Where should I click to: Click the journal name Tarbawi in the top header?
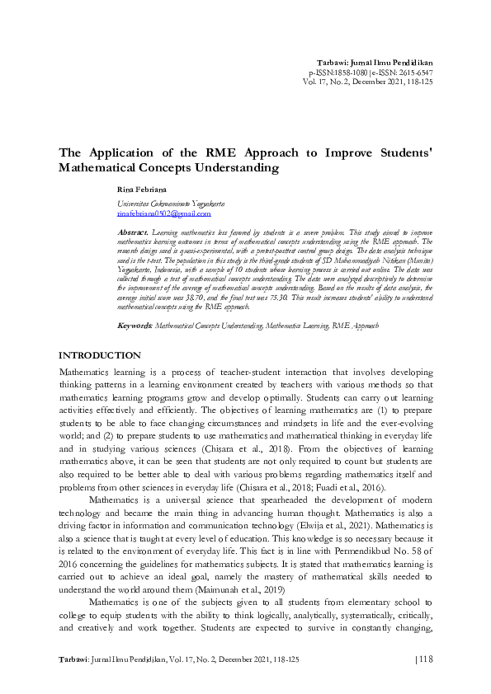(335, 63)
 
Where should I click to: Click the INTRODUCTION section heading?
(99, 355)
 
